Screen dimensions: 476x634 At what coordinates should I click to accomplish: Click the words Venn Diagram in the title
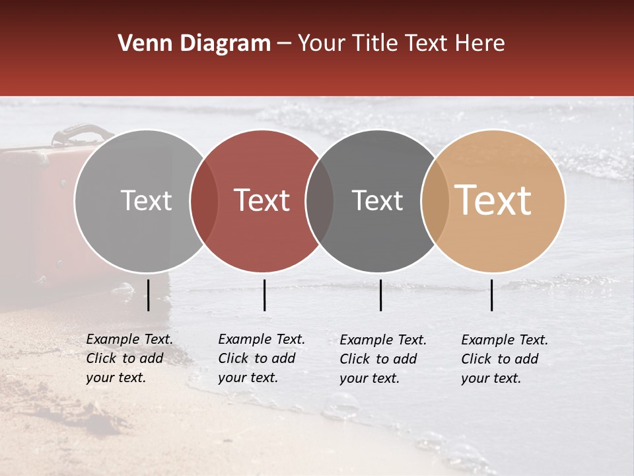[x=194, y=44]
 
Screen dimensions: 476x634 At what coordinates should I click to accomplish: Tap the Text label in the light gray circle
[x=146, y=201]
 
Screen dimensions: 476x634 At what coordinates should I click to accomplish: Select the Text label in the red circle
[x=262, y=201]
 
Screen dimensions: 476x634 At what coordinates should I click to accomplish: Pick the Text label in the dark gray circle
[x=378, y=201]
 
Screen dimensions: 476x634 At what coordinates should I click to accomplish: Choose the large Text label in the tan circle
[x=493, y=200]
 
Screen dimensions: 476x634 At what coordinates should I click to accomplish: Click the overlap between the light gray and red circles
[x=204, y=201]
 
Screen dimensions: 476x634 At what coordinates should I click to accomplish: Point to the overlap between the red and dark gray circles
[x=320, y=201]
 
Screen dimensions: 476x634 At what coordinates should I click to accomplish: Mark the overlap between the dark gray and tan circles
[x=435, y=201]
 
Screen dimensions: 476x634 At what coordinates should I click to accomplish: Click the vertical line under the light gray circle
[x=149, y=295]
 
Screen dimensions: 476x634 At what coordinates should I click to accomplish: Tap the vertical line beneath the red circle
[x=264, y=295]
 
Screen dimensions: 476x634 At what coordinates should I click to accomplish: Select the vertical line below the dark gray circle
[x=381, y=295]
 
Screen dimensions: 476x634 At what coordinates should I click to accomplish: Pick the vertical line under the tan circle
[x=492, y=295]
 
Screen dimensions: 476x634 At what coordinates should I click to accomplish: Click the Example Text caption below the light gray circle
[x=129, y=358]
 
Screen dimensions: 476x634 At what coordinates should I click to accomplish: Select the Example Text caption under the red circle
[x=262, y=358]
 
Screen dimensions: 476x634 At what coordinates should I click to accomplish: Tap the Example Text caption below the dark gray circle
[x=383, y=359]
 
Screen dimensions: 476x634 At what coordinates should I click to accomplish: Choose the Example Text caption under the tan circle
[x=505, y=359]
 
